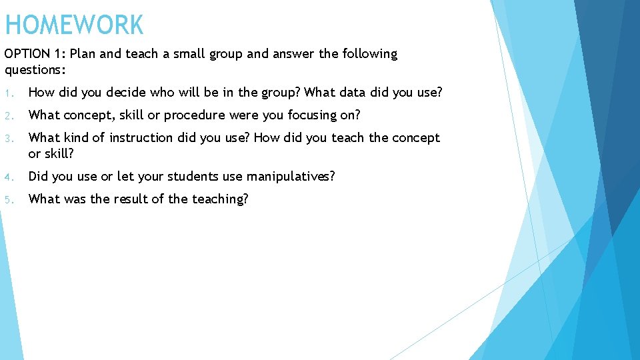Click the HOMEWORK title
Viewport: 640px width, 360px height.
tap(74, 26)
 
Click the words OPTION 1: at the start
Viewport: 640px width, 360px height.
tap(34, 54)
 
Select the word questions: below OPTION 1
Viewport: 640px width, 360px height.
tap(34, 69)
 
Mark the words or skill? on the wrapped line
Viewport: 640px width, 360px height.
tap(51, 153)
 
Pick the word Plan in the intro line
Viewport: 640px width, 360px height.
tap(81, 54)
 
